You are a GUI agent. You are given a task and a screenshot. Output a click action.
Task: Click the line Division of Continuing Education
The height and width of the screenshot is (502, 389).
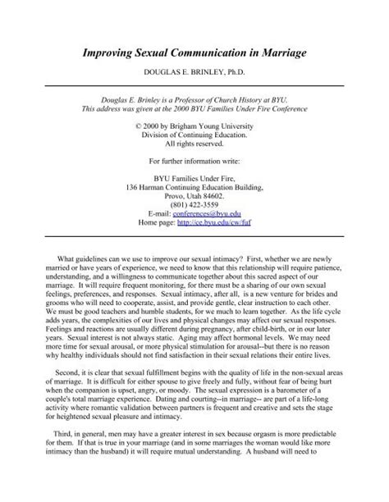click(194, 139)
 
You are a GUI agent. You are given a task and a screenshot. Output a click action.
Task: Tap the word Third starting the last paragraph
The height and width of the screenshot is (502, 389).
click(57, 469)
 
